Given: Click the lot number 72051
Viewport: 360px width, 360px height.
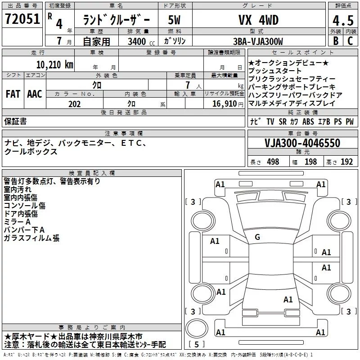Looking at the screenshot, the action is click(x=22, y=19).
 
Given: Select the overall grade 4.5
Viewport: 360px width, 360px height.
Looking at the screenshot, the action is click(x=343, y=21).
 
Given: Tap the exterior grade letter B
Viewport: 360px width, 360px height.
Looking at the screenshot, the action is click(x=336, y=41).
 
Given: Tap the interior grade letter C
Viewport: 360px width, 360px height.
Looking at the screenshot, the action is click(x=350, y=41).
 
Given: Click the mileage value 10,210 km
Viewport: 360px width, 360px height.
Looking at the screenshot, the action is click(x=54, y=65).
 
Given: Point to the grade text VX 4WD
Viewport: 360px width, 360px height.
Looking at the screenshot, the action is click(x=258, y=20).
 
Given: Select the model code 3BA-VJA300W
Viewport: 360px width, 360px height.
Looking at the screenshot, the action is click(x=258, y=41).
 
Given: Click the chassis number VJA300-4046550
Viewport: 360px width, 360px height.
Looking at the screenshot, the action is click(x=302, y=143).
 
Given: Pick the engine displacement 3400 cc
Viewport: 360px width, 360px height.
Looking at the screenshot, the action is click(x=141, y=41).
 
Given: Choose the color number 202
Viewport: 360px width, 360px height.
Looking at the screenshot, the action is click(x=74, y=104).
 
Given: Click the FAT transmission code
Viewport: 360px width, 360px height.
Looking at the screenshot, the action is click(x=13, y=94).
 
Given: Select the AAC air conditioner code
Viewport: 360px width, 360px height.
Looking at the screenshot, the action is click(x=35, y=94).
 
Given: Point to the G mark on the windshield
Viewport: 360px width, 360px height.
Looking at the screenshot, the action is click(x=257, y=237).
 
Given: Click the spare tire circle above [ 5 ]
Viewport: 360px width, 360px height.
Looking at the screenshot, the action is click(x=197, y=328).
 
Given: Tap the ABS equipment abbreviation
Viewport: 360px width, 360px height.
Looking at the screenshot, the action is click(x=308, y=121).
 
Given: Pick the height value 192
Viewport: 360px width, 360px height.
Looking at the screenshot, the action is click(x=346, y=162).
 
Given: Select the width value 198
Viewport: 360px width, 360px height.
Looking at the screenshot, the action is click(x=310, y=162).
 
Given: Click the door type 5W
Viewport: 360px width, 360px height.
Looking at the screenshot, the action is click(x=174, y=20).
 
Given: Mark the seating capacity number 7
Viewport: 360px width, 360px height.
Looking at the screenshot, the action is click(x=188, y=85).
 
